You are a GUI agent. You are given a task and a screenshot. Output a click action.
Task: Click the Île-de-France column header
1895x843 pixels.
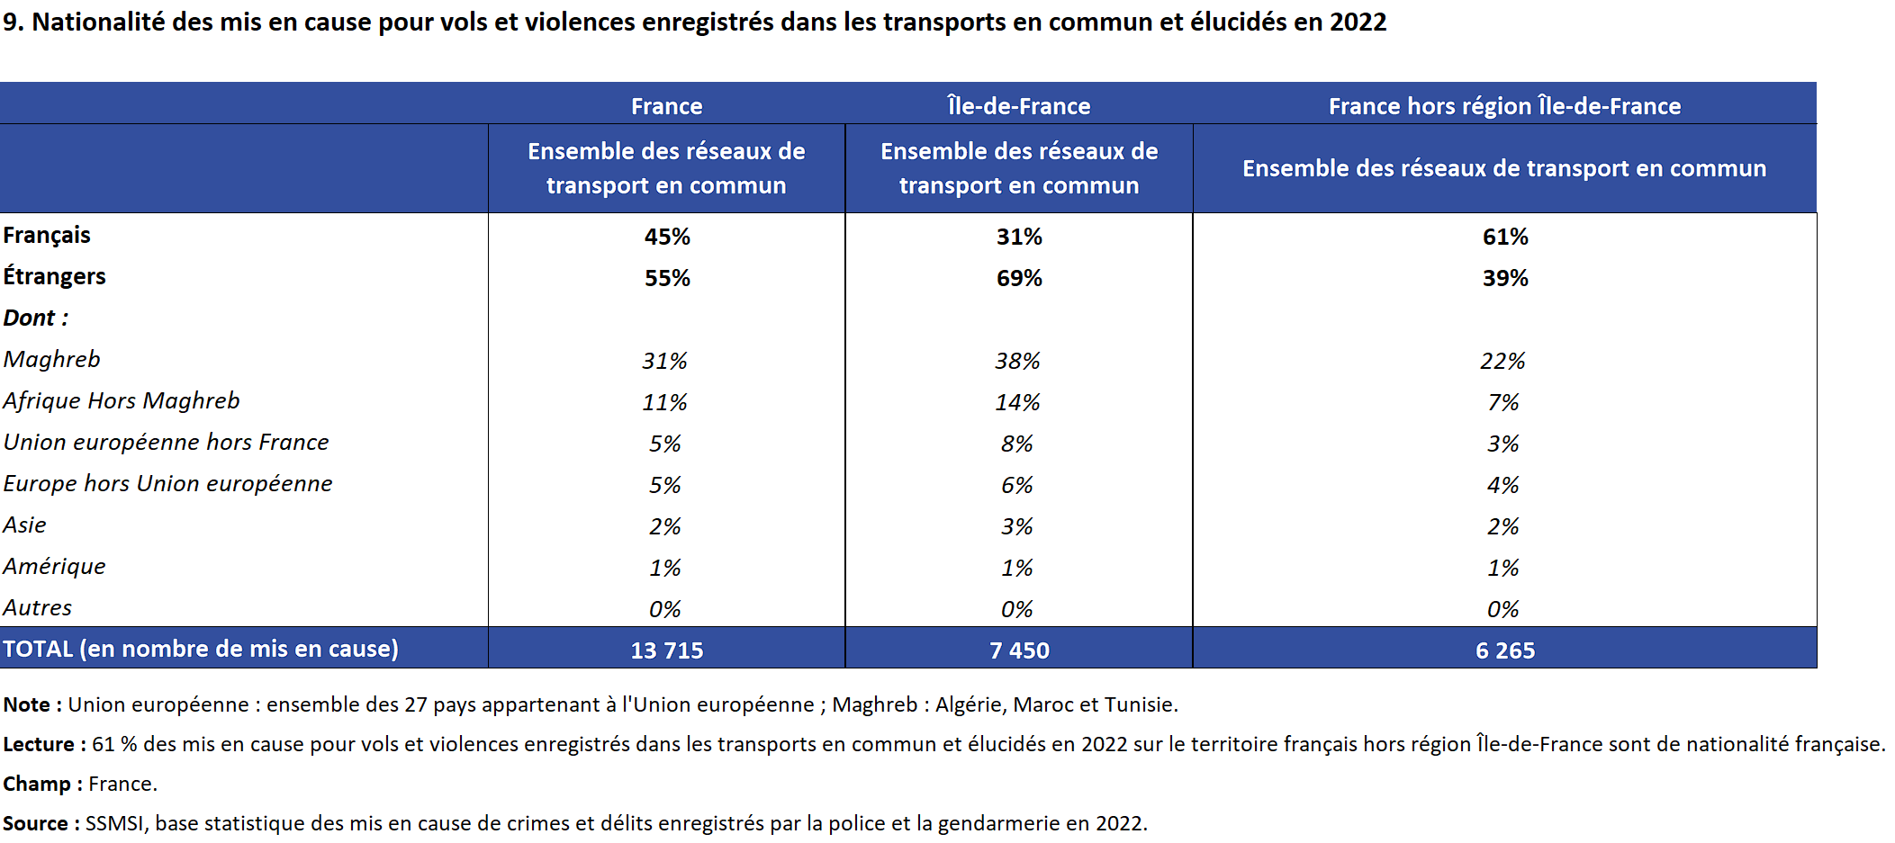pos(1018,106)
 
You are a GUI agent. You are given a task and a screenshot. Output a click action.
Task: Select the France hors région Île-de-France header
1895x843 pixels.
pos(1504,106)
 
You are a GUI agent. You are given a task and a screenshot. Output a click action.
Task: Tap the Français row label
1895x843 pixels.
pos(47,236)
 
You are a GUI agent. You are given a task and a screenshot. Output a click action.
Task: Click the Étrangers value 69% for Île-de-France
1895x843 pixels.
pos(1019,278)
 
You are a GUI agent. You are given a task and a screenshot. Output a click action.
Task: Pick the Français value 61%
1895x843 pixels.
pos(1505,237)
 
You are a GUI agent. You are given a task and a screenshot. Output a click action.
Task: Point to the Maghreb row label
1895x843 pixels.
pos(51,360)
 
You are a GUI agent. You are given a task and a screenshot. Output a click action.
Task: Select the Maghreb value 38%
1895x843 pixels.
pos(1017,361)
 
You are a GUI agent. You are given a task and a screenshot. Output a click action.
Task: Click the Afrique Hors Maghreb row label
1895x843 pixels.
pos(122,401)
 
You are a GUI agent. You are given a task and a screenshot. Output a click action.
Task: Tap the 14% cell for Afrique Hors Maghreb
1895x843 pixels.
pos(1017,402)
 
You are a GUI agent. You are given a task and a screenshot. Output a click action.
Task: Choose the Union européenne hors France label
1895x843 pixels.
pos(166,443)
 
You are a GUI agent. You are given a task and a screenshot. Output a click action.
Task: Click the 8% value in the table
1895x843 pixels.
pos(1017,444)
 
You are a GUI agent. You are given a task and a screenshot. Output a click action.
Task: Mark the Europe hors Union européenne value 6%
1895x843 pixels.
pos(1017,485)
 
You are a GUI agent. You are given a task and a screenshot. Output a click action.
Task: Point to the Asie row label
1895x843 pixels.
pos(24,525)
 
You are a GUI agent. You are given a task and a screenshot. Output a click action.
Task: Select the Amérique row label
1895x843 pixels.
pos(54,567)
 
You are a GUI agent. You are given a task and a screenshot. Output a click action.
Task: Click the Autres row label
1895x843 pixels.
pos(37,608)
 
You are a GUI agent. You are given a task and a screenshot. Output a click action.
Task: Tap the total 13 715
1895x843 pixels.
pos(667,650)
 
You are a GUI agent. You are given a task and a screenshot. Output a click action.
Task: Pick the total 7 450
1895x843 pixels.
pos(1019,650)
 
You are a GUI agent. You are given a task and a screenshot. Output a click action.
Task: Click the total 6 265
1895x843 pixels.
pos(1505,650)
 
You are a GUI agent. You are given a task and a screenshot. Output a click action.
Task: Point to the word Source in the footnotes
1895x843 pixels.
pos(35,823)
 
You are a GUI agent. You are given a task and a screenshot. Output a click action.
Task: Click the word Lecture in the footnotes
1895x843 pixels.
pos(38,744)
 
